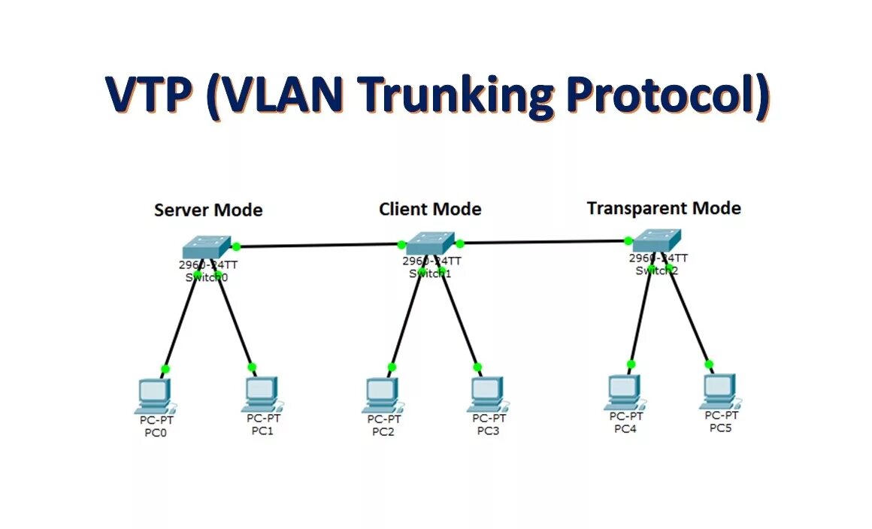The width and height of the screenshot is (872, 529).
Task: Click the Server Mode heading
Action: [208, 210]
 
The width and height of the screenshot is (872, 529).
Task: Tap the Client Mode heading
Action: [430, 209]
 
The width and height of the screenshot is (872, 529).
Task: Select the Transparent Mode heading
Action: [664, 208]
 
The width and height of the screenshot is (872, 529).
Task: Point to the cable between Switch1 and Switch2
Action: [544, 242]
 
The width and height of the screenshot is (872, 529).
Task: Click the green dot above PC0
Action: [165, 369]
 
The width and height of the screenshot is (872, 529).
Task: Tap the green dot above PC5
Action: [709, 364]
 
